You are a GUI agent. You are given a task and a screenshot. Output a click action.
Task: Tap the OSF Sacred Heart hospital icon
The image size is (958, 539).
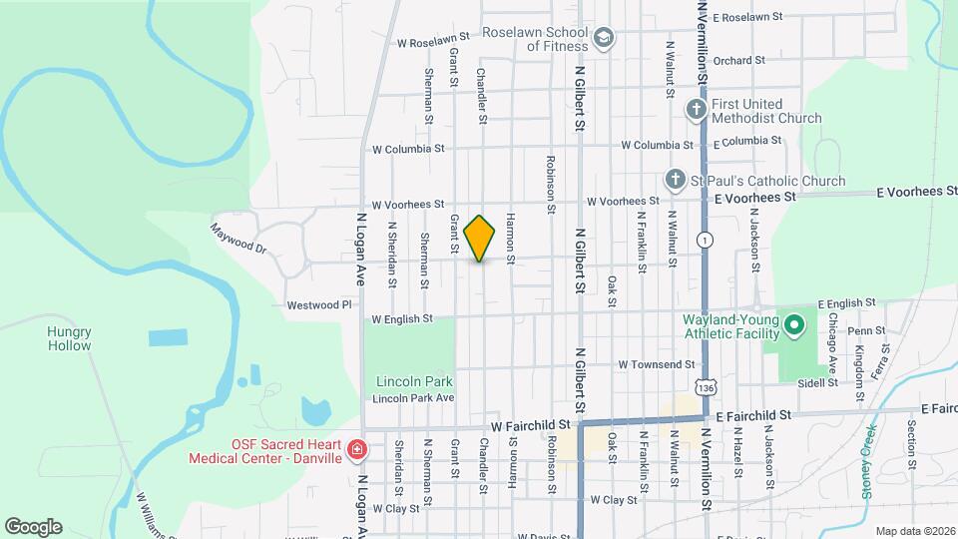point(357,452)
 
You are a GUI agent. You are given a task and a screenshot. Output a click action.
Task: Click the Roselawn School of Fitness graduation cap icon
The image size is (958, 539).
point(603,39)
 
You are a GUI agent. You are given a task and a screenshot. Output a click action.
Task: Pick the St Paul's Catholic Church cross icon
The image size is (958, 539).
point(675,181)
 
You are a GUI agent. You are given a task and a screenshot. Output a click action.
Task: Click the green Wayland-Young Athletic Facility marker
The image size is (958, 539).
point(794,324)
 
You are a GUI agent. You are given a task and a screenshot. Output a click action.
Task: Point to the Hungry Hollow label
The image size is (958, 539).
point(69,338)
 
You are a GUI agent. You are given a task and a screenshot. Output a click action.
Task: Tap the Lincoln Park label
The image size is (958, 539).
point(414,381)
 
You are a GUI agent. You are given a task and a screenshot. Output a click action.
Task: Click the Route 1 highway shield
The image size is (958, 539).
point(707,240)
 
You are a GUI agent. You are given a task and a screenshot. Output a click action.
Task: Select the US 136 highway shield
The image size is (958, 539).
point(706,384)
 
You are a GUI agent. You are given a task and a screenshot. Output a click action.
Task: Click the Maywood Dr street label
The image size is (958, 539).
point(239,238)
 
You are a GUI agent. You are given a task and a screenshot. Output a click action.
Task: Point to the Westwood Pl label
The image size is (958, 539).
point(319,304)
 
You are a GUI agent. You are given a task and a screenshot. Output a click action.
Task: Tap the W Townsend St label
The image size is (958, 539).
point(656,365)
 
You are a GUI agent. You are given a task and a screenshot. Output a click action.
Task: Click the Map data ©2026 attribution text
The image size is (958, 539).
point(914,531)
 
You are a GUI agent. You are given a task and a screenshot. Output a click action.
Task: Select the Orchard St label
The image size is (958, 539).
point(738,60)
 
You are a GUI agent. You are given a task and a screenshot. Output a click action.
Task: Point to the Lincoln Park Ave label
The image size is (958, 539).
point(413,398)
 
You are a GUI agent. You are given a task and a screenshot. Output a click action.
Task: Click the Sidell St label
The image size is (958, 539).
point(816,381)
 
